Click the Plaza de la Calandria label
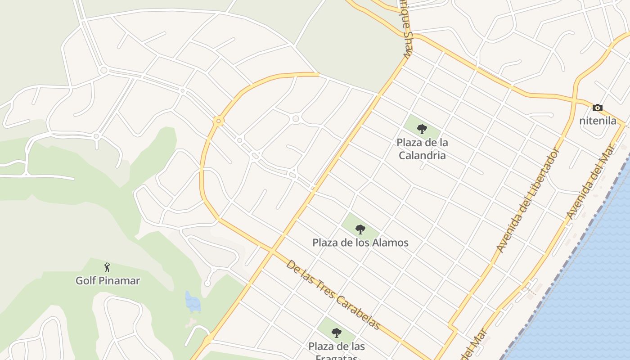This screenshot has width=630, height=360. pos(422,149)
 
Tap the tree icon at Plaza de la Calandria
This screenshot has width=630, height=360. pos(422,130)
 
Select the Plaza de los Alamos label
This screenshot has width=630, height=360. pos(360,243)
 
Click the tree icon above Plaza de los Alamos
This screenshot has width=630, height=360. pos(360,229)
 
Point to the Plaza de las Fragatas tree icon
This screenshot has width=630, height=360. pos(336,333)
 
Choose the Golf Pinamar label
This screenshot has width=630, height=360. pos(108,281)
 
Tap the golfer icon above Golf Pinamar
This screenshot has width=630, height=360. pos(107,268)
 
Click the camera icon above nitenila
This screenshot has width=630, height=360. pos(597,108)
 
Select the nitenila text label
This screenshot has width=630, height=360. pos(597,121)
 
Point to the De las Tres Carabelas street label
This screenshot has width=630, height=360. pos(333,295)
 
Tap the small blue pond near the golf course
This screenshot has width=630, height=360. pos(193,301)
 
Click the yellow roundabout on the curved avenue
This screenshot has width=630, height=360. pos(219,121)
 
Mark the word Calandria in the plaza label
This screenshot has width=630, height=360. pos(422,156)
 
